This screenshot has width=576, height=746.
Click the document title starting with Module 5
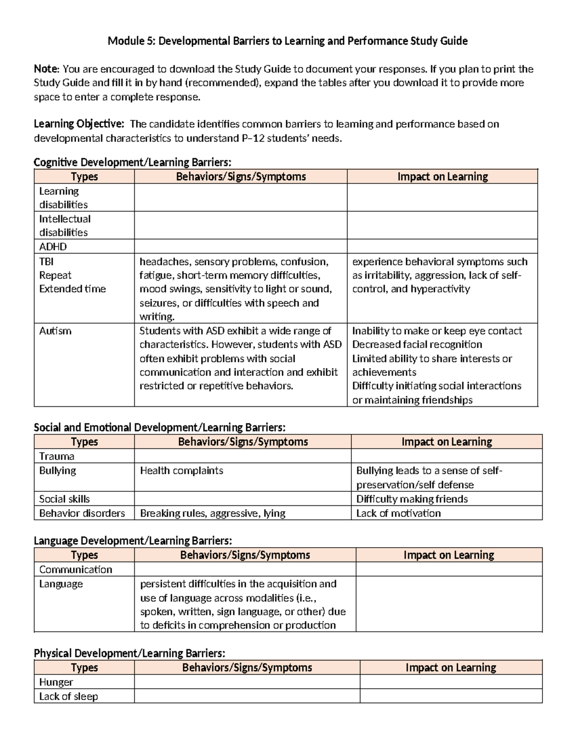288,41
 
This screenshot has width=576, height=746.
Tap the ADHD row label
53,247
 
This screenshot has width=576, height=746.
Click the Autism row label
55,331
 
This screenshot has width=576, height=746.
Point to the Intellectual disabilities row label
65,226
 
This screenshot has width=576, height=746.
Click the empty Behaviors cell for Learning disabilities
240,197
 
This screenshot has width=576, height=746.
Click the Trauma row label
57,456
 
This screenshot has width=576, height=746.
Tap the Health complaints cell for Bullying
181,471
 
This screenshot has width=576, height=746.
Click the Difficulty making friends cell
412,499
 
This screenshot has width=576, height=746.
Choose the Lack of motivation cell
398,513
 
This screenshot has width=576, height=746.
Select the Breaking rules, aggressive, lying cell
213,513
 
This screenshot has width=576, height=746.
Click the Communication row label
75,570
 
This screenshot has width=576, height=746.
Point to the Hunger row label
56,682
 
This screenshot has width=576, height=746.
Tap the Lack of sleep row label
68,697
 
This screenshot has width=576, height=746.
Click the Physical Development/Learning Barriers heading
129,653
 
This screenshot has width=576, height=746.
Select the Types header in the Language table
84,555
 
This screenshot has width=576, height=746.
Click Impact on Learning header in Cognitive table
442,177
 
